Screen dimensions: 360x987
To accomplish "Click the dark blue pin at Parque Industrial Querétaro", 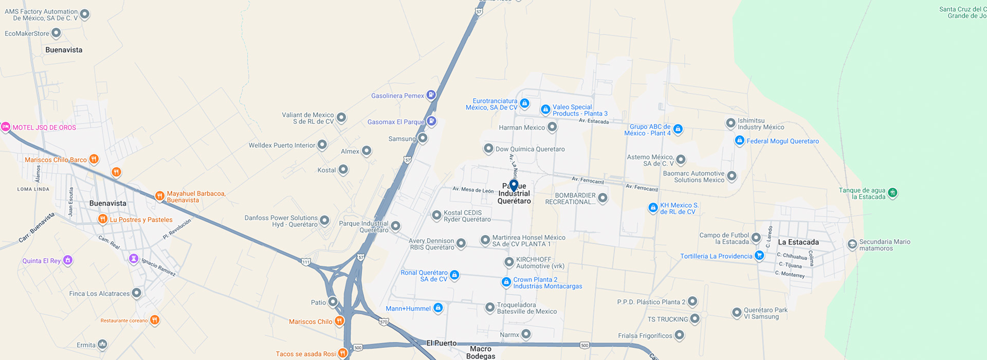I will (x=514, y=185).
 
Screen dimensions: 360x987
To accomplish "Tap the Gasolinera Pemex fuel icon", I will (x=431, y=95).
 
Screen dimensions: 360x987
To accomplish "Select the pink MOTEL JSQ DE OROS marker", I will (x=6, y=127).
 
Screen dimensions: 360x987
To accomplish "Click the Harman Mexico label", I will (x=522, y=128).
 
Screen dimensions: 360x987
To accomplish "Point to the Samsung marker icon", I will (x=423, y=138).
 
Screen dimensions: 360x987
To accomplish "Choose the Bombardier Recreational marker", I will (x=603, y=197).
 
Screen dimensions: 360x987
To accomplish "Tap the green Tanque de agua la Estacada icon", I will (x=892, y=193).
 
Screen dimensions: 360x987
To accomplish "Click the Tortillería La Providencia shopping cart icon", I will (x=759, y=256).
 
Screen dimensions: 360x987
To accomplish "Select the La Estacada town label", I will (x=798, y=242).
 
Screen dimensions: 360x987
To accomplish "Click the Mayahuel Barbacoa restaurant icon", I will (x=160, y=196).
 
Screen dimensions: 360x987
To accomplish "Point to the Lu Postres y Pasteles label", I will (x=141, y=220).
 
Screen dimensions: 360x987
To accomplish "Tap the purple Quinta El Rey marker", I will (x=67, y=260).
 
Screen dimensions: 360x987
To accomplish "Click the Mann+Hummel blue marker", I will (x=438, y=308).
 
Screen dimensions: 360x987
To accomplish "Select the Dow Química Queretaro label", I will (x=530, y=149).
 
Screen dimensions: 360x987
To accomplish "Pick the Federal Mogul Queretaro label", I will (x=782, y=141).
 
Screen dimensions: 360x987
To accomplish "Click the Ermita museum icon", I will (x=102, y=344).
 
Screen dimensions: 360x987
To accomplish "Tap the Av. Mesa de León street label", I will (x=473, y=190).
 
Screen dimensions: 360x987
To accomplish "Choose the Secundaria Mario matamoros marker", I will (x=852, y=244).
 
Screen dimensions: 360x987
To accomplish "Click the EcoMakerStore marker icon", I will (x=56, y=33).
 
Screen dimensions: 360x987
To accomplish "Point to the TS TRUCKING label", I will (x=667, y=319).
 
